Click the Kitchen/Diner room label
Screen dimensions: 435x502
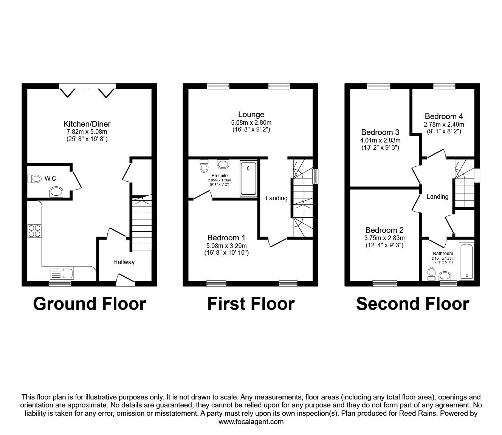point(87,124)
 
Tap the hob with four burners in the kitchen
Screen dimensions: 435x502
point(34,231)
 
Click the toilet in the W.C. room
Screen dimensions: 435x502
point(35,179)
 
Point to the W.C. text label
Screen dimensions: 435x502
point(51,178)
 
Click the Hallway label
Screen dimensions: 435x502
point(124,262)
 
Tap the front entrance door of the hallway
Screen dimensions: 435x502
point(125,280)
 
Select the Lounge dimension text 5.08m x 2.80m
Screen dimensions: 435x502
point(251,122)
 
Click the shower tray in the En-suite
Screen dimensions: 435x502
point(248,178)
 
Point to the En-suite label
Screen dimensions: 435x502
point(219,176)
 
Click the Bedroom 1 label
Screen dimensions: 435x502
point(226,237)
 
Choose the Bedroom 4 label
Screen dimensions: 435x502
point(443,116)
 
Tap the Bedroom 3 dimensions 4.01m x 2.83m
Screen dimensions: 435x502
point(380,140)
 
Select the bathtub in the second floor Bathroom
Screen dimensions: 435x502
point(466,261)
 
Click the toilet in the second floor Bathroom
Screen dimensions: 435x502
point(431,274)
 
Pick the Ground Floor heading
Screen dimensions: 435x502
point(89,303)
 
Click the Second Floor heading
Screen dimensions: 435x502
point(412,303)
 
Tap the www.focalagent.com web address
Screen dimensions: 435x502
point(251,422)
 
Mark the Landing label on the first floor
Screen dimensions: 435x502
point(276,198)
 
